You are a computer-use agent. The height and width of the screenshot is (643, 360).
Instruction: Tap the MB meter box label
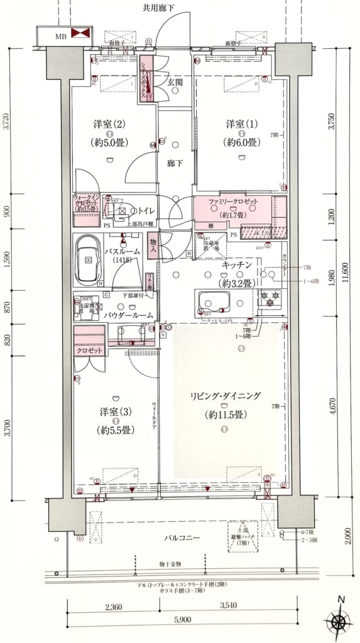tap(61, 36)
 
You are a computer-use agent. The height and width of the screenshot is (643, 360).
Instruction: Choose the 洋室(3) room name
tap(114, 412)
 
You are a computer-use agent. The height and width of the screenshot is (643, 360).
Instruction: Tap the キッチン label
tap(237, 265)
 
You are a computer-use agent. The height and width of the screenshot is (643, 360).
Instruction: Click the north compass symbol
tap(339, 622)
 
